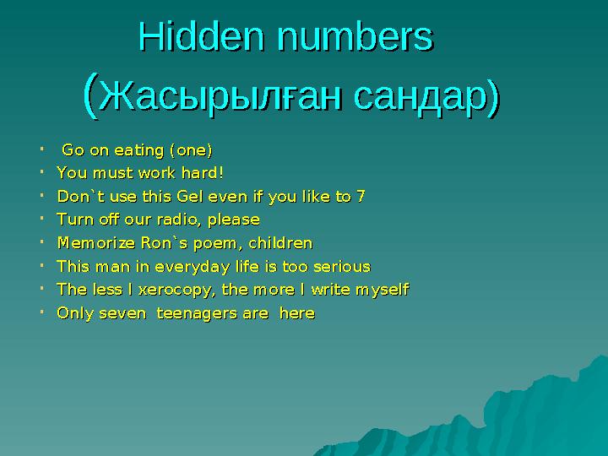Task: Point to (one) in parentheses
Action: point(191,151)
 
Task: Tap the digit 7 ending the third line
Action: point(361,197)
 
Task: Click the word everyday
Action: point(191,267)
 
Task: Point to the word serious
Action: point(342,267)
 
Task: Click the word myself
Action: point(382,290)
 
